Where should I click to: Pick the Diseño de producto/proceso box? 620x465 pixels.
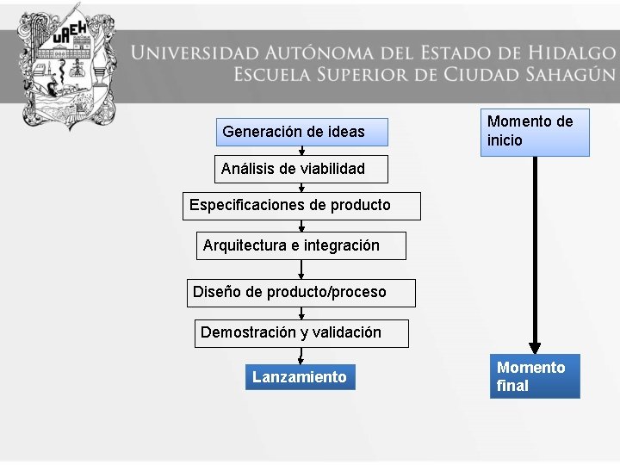click(x=301, y=292)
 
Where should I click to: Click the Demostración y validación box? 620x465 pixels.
click(x=301, y=332)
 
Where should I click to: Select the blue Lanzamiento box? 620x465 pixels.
click(x=300, y=377)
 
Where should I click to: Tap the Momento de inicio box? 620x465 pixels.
click(x=535, y=132)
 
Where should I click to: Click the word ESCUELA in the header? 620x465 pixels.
click(x=272, y=74)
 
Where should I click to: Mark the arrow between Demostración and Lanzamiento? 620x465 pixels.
click(x=301, y=356)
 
